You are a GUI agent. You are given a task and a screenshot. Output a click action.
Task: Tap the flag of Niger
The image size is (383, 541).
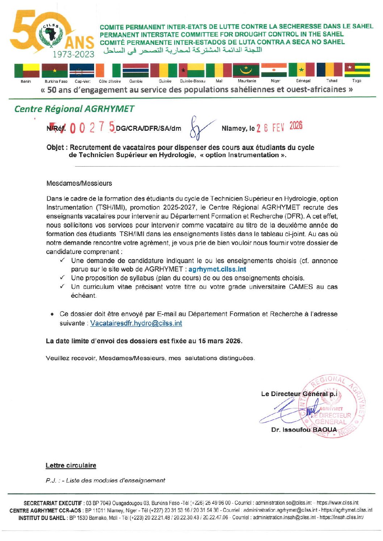click(x=274, y=70)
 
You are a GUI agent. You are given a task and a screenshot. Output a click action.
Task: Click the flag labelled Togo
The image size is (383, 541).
click(x=357, y=70)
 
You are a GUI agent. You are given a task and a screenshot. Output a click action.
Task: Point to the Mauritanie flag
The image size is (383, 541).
click(x=246, y=70)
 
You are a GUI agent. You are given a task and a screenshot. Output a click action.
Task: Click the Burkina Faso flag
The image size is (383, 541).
click(x=55, y=70)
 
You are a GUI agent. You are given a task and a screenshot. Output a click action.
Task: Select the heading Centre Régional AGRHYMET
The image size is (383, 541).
click(x=74, y=109)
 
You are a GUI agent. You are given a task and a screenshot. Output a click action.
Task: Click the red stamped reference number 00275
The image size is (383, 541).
click(x=92, y=128)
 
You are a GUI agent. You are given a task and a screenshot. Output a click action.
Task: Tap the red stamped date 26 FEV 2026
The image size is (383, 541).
click(x=279, y=127)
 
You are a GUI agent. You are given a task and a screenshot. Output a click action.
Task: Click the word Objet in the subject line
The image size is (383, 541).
click(x=55, y=147)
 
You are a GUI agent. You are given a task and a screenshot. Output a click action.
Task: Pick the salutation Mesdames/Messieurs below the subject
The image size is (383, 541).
click(x=79, y=183)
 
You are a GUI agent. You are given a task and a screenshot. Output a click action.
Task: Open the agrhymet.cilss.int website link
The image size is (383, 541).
click(x=217, y=269)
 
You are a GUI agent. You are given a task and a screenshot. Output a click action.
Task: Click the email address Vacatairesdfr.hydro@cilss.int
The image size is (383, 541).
click(x=136, y=323)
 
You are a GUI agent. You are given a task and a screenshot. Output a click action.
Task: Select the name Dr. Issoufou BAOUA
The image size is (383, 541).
click(x=304, y=430)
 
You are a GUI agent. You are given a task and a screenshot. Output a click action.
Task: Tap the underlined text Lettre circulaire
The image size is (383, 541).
click(x=71, y=465)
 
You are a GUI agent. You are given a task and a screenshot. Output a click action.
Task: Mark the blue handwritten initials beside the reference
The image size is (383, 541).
click(x=200, y=129)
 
